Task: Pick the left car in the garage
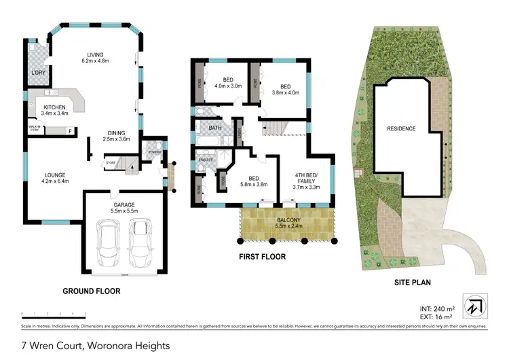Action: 108,247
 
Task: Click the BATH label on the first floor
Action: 215,128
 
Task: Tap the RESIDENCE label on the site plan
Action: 401,128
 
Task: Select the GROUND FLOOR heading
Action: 92,291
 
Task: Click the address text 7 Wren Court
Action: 95,346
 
